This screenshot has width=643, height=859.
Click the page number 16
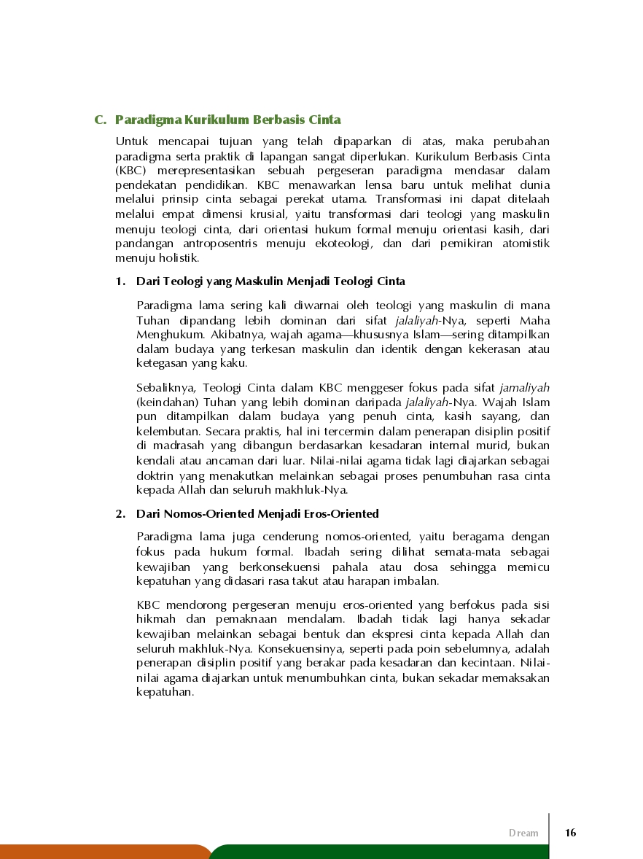point(570,833)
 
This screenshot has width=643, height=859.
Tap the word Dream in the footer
point(523,833)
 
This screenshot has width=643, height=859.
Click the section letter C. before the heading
point(101,120)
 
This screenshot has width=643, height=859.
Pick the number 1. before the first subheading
point(120,281)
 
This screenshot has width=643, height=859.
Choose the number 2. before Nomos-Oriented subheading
point(120,514)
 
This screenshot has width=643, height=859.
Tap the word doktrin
point(155,475)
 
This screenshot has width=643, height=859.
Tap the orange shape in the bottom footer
point(102,852)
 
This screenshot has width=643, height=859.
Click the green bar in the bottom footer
point(423,852)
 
